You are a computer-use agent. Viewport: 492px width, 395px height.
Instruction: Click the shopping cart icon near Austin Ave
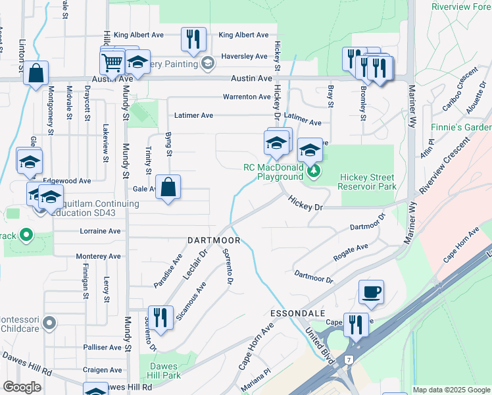[112, 63]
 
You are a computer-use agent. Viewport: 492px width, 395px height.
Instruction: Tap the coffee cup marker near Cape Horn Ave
[371, 291]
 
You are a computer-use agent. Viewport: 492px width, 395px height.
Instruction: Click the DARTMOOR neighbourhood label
[214, 240]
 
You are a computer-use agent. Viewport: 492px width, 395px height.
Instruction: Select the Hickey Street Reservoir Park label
[367, 182]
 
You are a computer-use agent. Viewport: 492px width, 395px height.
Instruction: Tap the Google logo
[22, 387]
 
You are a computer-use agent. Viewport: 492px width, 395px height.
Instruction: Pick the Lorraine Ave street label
[100, 232]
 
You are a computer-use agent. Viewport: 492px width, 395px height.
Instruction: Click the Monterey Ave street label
[99, 256]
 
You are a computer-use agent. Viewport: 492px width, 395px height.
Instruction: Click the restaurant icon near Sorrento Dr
[160, 317]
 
